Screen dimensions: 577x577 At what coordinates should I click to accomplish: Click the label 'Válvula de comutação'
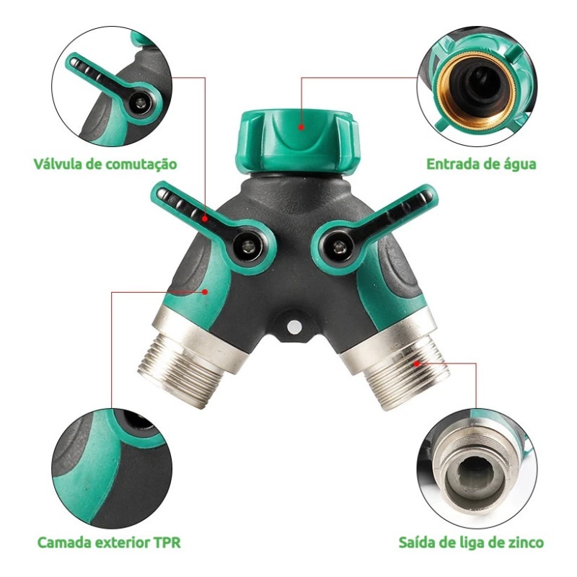(105, 164)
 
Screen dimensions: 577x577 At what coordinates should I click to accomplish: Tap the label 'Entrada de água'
(481, 164)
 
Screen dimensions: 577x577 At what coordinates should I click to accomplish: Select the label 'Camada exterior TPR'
(109, 542)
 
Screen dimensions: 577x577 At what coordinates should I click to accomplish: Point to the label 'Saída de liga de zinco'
(471, 542)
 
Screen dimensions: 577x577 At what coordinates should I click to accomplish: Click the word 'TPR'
(167, 542)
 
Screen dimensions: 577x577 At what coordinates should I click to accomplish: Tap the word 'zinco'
(524, 542)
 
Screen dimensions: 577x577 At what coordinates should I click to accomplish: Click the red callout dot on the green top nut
(301, 128)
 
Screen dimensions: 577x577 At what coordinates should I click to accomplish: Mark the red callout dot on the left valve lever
(205, 219)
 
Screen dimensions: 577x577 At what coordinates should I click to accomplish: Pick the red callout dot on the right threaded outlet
(417, 364)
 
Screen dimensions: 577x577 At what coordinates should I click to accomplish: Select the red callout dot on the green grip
(205, 292)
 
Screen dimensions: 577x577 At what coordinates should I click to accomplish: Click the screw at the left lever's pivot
(248, 246)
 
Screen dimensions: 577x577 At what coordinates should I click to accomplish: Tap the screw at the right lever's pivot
(338, 247)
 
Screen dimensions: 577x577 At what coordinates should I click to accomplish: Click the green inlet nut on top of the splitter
(296, 141)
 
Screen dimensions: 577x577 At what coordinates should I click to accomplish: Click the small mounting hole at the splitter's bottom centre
(294, 326)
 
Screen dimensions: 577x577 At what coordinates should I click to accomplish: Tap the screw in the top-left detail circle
(140, 104)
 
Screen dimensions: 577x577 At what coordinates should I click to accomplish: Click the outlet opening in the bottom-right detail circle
(475, 474)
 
